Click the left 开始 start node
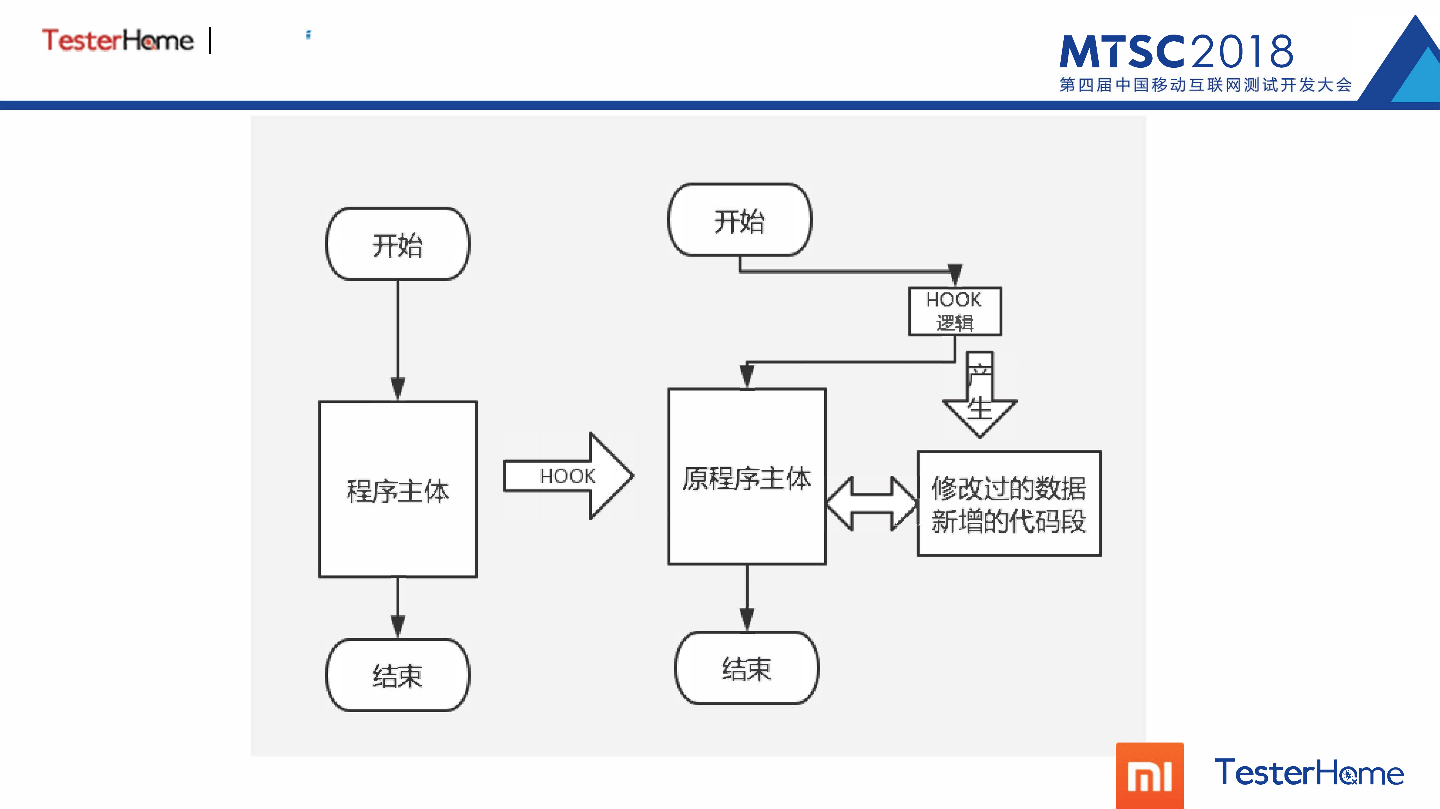coord(397,244)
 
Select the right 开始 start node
coord(740,220)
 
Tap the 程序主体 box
coord(397,490)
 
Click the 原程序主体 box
coord(747,477)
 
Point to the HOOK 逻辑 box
coord(955,311)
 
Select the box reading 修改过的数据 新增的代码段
coord(1009,503)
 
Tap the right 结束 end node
coord(747,668)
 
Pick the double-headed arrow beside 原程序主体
coord(872,503)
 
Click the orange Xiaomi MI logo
coord(1149,776)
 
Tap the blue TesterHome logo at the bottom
coord(1309,773)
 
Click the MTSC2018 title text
coord(1177,51)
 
